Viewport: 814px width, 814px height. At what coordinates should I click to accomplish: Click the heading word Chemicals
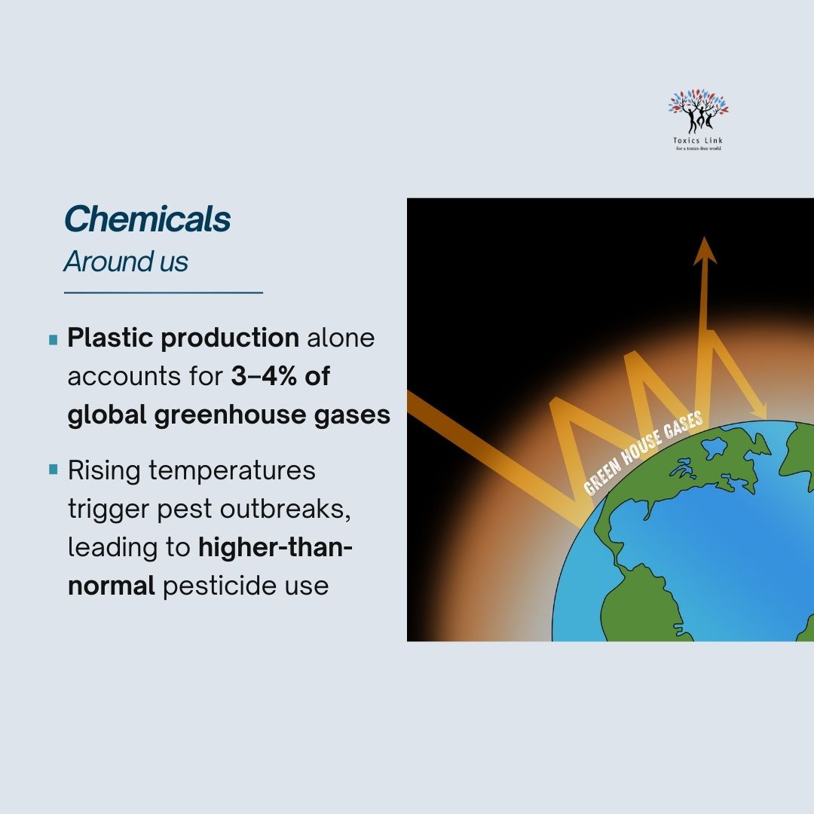click(147, 219)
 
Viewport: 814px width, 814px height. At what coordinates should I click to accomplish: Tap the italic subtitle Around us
click(126, 262)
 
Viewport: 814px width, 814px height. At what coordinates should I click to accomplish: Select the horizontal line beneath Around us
click(163, 292)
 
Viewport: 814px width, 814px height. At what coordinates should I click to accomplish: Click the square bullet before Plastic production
click(53, 340)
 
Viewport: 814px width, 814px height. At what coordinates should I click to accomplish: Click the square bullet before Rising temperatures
click(53, 470)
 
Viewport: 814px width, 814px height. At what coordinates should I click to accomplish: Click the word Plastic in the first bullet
click(111, 338)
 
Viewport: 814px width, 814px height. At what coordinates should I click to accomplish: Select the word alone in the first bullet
click(340, 338)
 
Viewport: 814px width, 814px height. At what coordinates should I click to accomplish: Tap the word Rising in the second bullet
click(104, 470)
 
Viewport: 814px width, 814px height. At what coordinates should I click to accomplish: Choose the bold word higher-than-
click(275, 547)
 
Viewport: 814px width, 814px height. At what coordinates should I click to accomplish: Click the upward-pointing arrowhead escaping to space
click(705, 250)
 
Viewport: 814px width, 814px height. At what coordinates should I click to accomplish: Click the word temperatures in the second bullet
click(232, 470)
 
